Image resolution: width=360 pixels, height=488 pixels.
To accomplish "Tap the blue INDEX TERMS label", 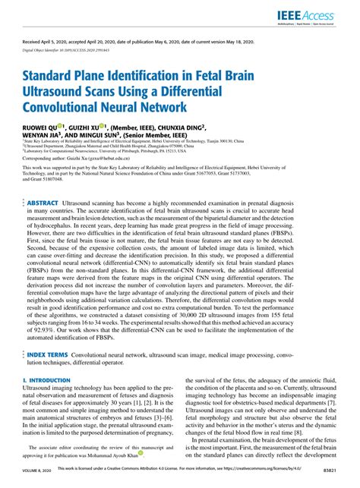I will coord(47,354).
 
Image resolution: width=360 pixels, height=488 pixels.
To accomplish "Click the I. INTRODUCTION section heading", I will coord(48,379).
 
